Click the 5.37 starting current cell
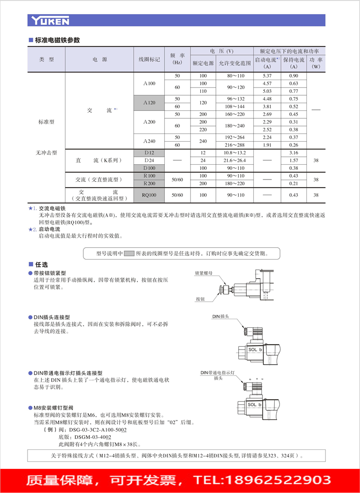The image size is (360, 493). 267,76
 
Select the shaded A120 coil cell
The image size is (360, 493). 149,103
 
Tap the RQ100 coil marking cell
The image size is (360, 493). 149,195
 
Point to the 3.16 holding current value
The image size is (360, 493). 294,152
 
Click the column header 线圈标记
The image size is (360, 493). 149,60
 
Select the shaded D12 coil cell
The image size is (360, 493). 149,152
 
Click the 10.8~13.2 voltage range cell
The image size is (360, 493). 235,152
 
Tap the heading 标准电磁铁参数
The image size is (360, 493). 57,40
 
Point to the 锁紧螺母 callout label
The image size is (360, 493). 204,274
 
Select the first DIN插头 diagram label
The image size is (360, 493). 221,316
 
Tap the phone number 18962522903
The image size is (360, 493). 278,479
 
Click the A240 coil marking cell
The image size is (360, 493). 149,141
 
